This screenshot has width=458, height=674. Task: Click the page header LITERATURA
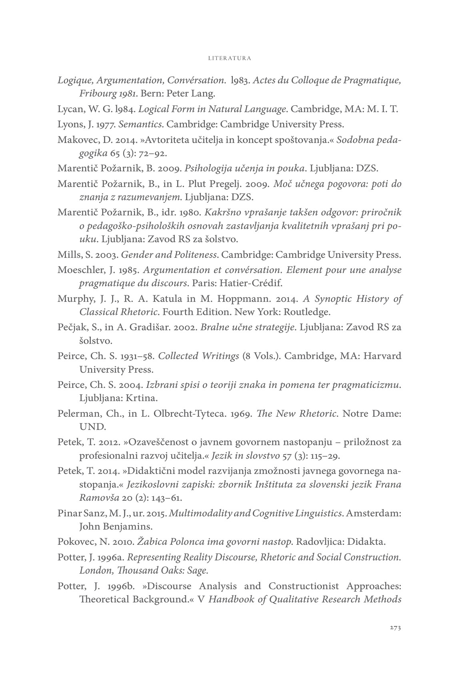(x=230, y=58)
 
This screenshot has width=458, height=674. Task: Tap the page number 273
(x=395, y=627)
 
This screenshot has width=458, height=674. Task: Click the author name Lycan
(x=69, y=109)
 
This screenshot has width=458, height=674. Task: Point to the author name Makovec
(x=74, y=140)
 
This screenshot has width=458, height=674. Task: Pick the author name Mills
(x=68, y=255)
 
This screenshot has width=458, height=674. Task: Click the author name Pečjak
(x=70, y=327)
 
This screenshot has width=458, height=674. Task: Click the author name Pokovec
(x=74, y=542)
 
